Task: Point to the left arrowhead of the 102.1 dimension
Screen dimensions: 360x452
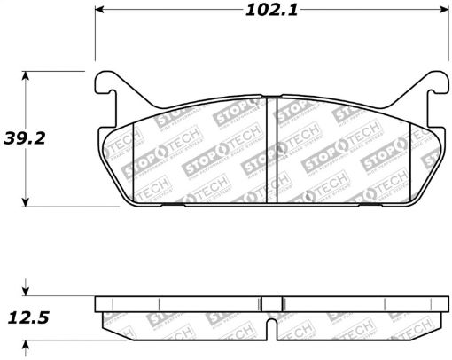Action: point(100,12)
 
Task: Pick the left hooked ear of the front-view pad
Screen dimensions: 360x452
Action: point(105,85)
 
